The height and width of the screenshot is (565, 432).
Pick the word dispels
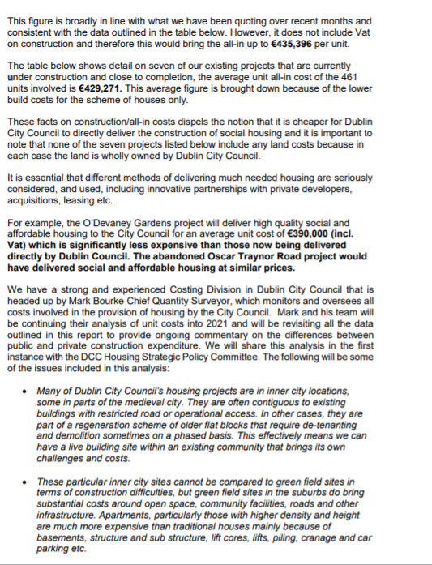click(x=169, y=113)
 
